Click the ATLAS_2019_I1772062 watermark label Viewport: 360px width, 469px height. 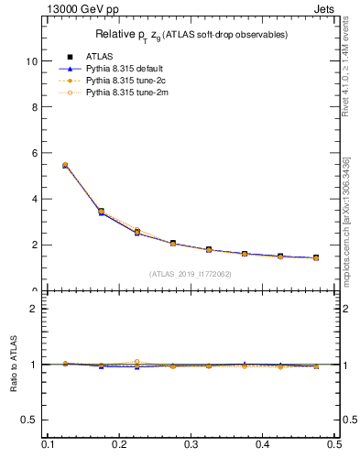[191, 274]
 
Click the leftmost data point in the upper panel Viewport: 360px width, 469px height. [65, 166]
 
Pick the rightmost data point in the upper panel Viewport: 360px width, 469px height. [316, 258]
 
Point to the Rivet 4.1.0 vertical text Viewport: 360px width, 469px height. [346, 74]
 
